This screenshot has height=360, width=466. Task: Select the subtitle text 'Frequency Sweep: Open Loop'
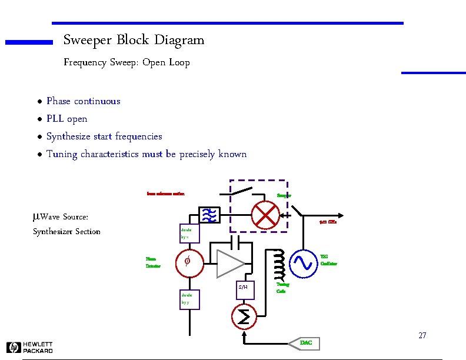[x=127, y=62]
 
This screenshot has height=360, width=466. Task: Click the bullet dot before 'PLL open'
[x=39, y=119]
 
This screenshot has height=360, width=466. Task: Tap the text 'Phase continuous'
[x=83, y=101]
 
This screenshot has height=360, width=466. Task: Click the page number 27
[x=422, y=336]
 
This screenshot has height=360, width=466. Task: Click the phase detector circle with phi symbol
[x=188, y=262]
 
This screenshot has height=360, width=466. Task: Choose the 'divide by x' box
[x=189, y=233]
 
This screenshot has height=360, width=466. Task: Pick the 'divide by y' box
[x=189, y=299]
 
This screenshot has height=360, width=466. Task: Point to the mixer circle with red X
[x=265, y=216]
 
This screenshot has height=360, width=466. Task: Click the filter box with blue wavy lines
[x=210, y=216]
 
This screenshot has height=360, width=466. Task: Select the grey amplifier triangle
[x=230, y=262]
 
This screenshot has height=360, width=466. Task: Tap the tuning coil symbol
[x=278, y=264]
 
